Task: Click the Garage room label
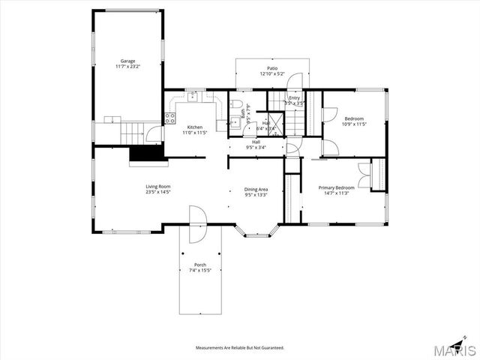pyautogui.click(x=128, y=61)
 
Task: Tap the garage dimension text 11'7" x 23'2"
pyautogui.click(x=128, y=67)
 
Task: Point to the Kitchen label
pyautogui.click(x=194, y=127)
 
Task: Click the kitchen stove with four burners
pyautogui.click(x=170, y=117)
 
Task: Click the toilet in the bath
pyautogui.click(x=235, y=104)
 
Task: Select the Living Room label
pyautogui.click(x=158, y=186)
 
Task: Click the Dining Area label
pyautogui.click(x=256, y=189)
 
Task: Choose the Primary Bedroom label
pyautogui.click(x=336, y=187)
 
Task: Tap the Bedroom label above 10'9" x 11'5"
pyautogui.click(x=354, y=118)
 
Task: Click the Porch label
pyautogui.click(x=200, y=265)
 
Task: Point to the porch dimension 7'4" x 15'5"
pyautogui.click(x=200, y=271)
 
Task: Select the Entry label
pyautogui.click(x=294, y=97)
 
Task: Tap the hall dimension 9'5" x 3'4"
pyautogui.click(x=256, y=147)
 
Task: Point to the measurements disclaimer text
pyautogui.click(x=239, y=348)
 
